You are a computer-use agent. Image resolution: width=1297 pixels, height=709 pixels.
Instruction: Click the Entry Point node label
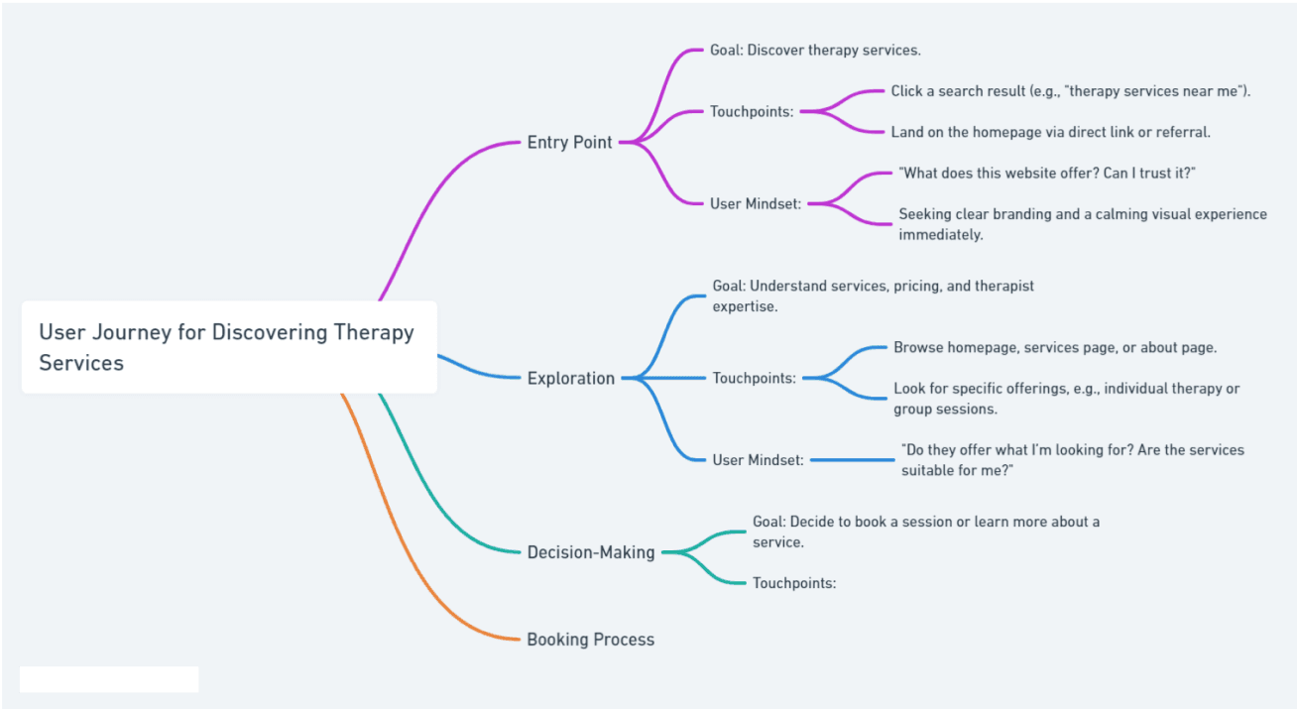tap(569, 143)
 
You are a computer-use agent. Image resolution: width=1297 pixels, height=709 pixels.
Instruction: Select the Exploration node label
tap(571, 378)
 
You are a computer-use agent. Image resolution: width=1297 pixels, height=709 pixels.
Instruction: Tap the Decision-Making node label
tap(591, 552)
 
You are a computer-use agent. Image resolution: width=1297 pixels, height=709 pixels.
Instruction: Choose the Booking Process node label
tap(591, 640)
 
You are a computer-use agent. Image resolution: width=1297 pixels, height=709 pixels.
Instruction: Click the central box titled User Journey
tap(229, 347)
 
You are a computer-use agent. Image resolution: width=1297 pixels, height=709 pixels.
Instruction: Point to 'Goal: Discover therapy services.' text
tap(815, 51)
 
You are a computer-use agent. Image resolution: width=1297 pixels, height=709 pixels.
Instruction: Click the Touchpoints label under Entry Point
tap(752, 111)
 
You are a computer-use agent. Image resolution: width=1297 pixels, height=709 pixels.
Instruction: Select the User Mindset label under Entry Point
tap(756, 204)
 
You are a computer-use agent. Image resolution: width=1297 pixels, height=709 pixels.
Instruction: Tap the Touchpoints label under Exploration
tap(754, 378)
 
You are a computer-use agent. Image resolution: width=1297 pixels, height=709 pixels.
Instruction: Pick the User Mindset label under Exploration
tap(758, 460)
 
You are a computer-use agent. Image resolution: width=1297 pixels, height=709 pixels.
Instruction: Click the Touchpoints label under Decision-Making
tap(794, 583)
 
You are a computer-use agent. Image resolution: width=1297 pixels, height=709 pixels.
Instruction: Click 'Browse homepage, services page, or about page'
tap(1055, 347)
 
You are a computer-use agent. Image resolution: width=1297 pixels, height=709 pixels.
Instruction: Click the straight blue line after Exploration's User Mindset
tap(853, 460)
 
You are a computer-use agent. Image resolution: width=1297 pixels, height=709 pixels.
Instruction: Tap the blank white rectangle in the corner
tap(109, 679)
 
